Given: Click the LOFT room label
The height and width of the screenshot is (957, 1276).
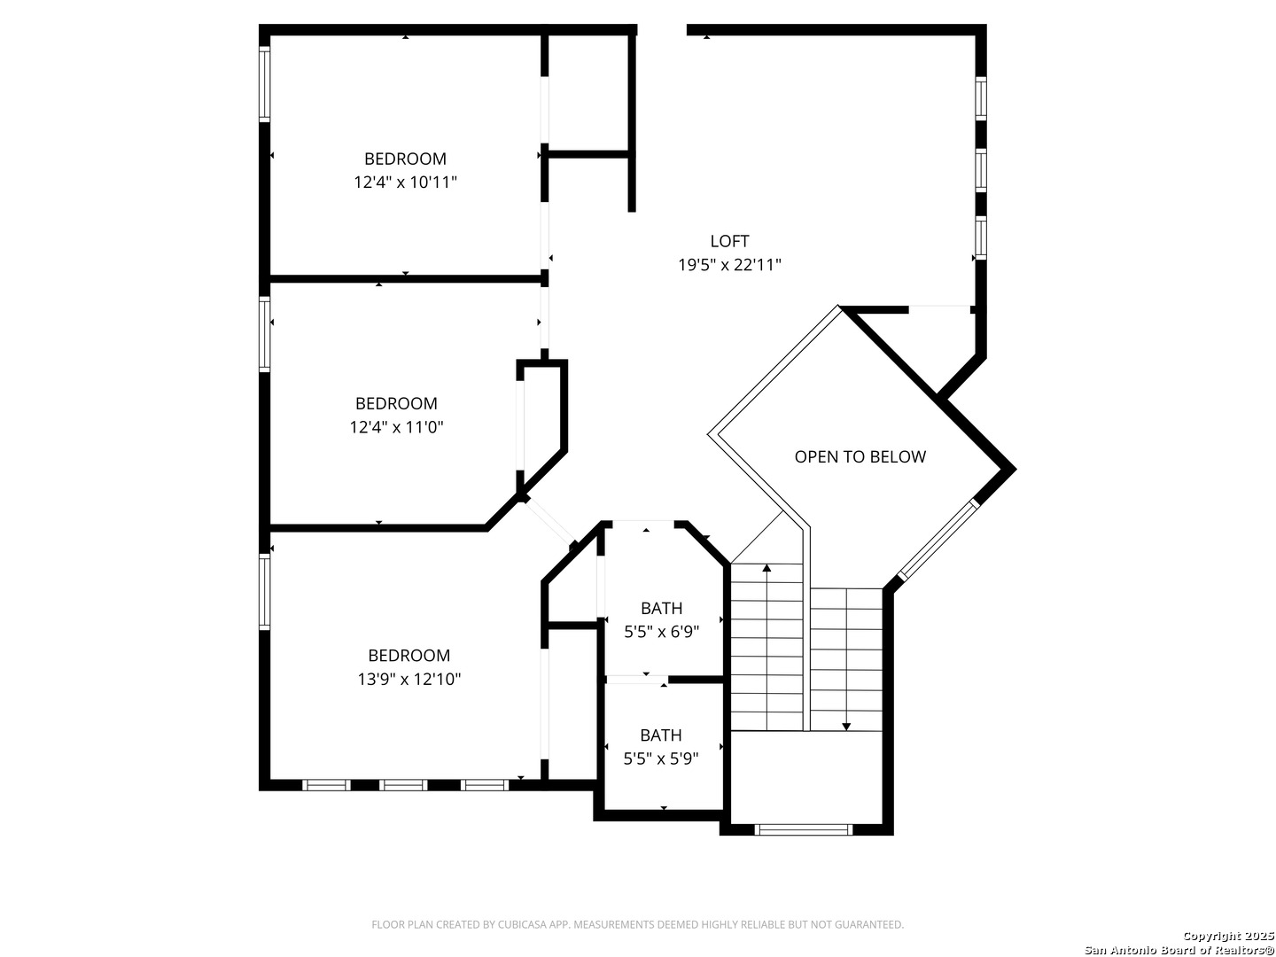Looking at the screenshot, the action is coord(729,240).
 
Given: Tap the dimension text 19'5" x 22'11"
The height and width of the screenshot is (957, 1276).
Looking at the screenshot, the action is coord(729,265).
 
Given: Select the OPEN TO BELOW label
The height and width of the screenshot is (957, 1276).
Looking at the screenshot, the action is coord(860,456).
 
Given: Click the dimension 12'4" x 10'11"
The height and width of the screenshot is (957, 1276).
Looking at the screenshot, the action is coord(405,183).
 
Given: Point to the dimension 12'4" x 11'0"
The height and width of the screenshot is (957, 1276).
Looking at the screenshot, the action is coord(396,427).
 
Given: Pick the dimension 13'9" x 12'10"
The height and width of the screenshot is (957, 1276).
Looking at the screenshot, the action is coord(408,679).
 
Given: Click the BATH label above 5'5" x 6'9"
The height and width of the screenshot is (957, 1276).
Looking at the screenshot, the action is coord(661,608).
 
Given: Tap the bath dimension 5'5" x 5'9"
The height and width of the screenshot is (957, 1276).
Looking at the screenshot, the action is coord(660,759).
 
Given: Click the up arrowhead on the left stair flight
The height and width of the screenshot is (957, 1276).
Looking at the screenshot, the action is coord(766,567).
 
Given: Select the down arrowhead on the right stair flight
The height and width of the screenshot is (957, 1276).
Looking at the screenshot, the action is coord(846,727).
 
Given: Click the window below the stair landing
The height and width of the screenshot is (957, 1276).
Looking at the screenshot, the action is coord(803,829).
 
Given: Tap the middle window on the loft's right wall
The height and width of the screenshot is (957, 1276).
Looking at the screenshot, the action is coord(980,170).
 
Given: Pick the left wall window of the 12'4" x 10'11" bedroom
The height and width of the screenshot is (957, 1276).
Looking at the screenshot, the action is coord(264,83).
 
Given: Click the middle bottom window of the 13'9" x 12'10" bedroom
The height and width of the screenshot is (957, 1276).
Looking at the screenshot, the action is coord(403,785).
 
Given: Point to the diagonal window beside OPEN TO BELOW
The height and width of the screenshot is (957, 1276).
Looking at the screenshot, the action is coord(938,540).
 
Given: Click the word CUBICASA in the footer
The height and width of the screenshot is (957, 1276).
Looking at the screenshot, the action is coord(523,924).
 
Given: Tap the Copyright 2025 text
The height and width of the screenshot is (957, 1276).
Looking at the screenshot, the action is coord(1228,936).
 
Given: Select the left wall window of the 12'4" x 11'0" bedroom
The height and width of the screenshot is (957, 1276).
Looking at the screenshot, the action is coord(264,334).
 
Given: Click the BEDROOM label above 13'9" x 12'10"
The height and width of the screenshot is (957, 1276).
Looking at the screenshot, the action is coord(408,655).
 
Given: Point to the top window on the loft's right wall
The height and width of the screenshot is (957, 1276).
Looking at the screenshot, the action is coord(980,98).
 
